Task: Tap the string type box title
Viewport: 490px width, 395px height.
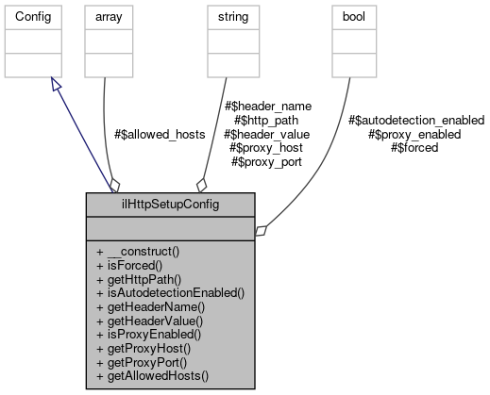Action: pyautogui.click(x=232, y=18)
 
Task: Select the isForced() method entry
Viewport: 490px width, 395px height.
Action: pyautogui.click(x=131, y=266)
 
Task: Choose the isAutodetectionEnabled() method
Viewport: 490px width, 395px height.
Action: pyautogui.click(x=170, y=293)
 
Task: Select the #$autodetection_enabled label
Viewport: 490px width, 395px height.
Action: pyautogui.click(x=415, y=121)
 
